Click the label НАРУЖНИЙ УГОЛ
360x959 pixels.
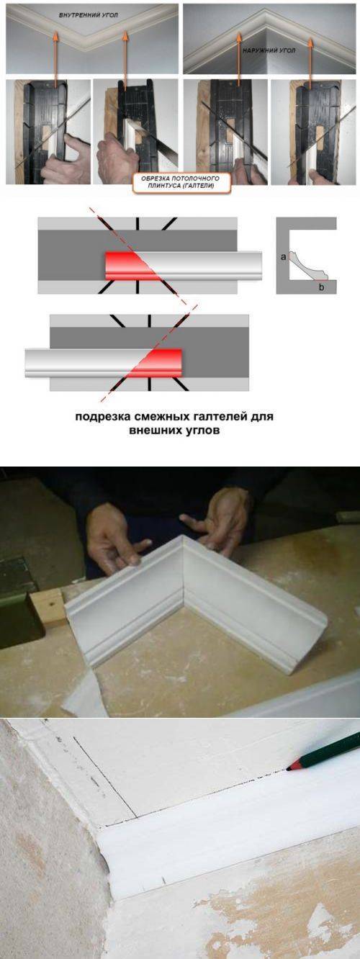click(269, 50)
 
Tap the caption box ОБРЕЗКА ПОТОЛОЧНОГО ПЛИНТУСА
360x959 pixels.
click(180, 182)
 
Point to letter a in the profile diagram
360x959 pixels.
click(283, 257)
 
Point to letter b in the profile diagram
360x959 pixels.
click(321, 287)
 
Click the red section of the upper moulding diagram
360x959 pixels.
click(127, 266)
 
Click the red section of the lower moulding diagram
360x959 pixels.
click(161, 363)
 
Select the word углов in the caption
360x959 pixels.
click(201, 431)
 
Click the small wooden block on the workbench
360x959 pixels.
click(48, 608)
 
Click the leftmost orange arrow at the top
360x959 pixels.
click(55, 59)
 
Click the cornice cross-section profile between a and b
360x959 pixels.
click(308, 266)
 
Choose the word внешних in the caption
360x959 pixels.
click(155, 431)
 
